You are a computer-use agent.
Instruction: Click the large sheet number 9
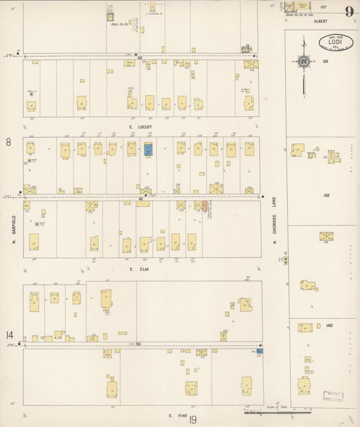[x=349, y=11]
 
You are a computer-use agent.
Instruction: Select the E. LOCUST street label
[x=140, y=127]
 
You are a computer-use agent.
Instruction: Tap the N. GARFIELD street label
[x=13, y=230]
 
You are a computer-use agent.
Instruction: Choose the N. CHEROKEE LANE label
[x=276, y=223]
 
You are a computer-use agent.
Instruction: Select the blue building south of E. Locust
[x=149, y=149]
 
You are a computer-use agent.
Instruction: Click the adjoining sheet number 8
[x=9, y=142]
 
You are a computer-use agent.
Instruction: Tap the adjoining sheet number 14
[x=9, y=334]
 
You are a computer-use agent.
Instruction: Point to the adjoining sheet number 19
[x=193, y=420]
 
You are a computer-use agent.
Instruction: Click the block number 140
[x=328, y=326]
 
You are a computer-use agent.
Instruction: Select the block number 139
[x=327, y=195]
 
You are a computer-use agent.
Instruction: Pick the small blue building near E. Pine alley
[x=259, y=351]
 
